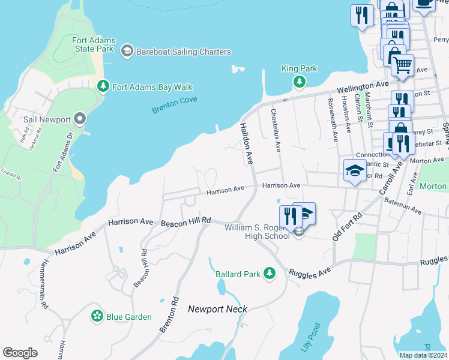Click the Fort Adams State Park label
pyautogui.click(x=94, y=44)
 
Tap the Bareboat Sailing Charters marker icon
pyautogui.click(x=127, y=52)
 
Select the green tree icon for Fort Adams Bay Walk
pyautogui.click(x=103, y=87)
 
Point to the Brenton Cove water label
pyautogui.click(x=175, y=106)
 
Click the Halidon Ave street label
pyautogui.click(x=246, y=144)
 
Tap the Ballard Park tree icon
pyautogui.click(x=270, y=274)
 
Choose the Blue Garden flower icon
pyautogui.click(x=97, y=316)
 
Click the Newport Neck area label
pyautogui.click(x=217, y=309)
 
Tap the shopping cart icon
pyautogui.click(x=402, y=64)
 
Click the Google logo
pyautogui.click(x=20, y=353)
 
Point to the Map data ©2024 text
pyautogui.click(x=423, y=355)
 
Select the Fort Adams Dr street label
pyautogui.click(x=62, y=153)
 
